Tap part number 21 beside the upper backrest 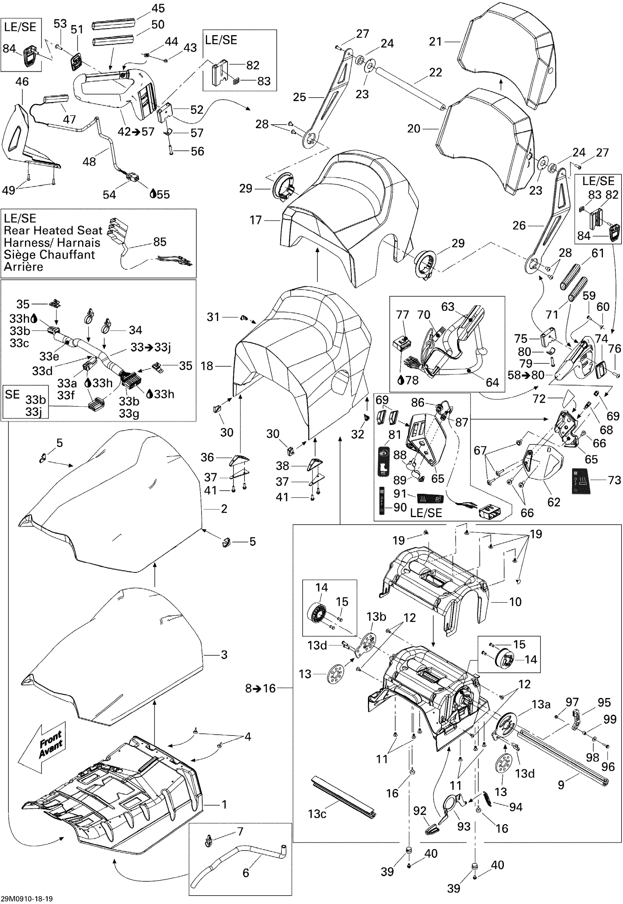435,41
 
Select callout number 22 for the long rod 436,72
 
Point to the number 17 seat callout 256,220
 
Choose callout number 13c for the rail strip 317,814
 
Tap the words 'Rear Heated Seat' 53,230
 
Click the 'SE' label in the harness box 12,394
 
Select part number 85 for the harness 160,242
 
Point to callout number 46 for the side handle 22,82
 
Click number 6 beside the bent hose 246,873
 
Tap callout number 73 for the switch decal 615,480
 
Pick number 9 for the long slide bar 561,785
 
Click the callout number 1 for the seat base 224,804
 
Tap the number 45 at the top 158,8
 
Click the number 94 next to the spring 516,807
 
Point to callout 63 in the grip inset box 448,307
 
